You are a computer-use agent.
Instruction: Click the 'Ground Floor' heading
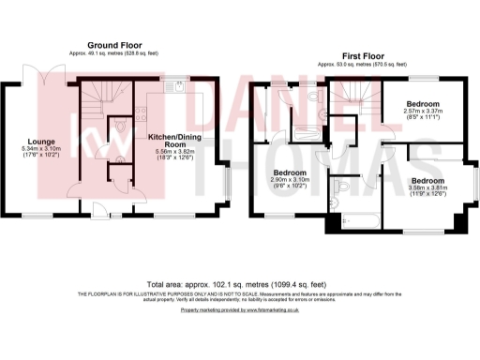coord(114,45)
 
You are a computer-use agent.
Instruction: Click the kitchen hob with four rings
coord(142,115)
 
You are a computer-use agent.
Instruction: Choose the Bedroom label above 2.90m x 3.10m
coord(286,173)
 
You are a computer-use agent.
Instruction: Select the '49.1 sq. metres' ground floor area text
coord(88,54)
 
